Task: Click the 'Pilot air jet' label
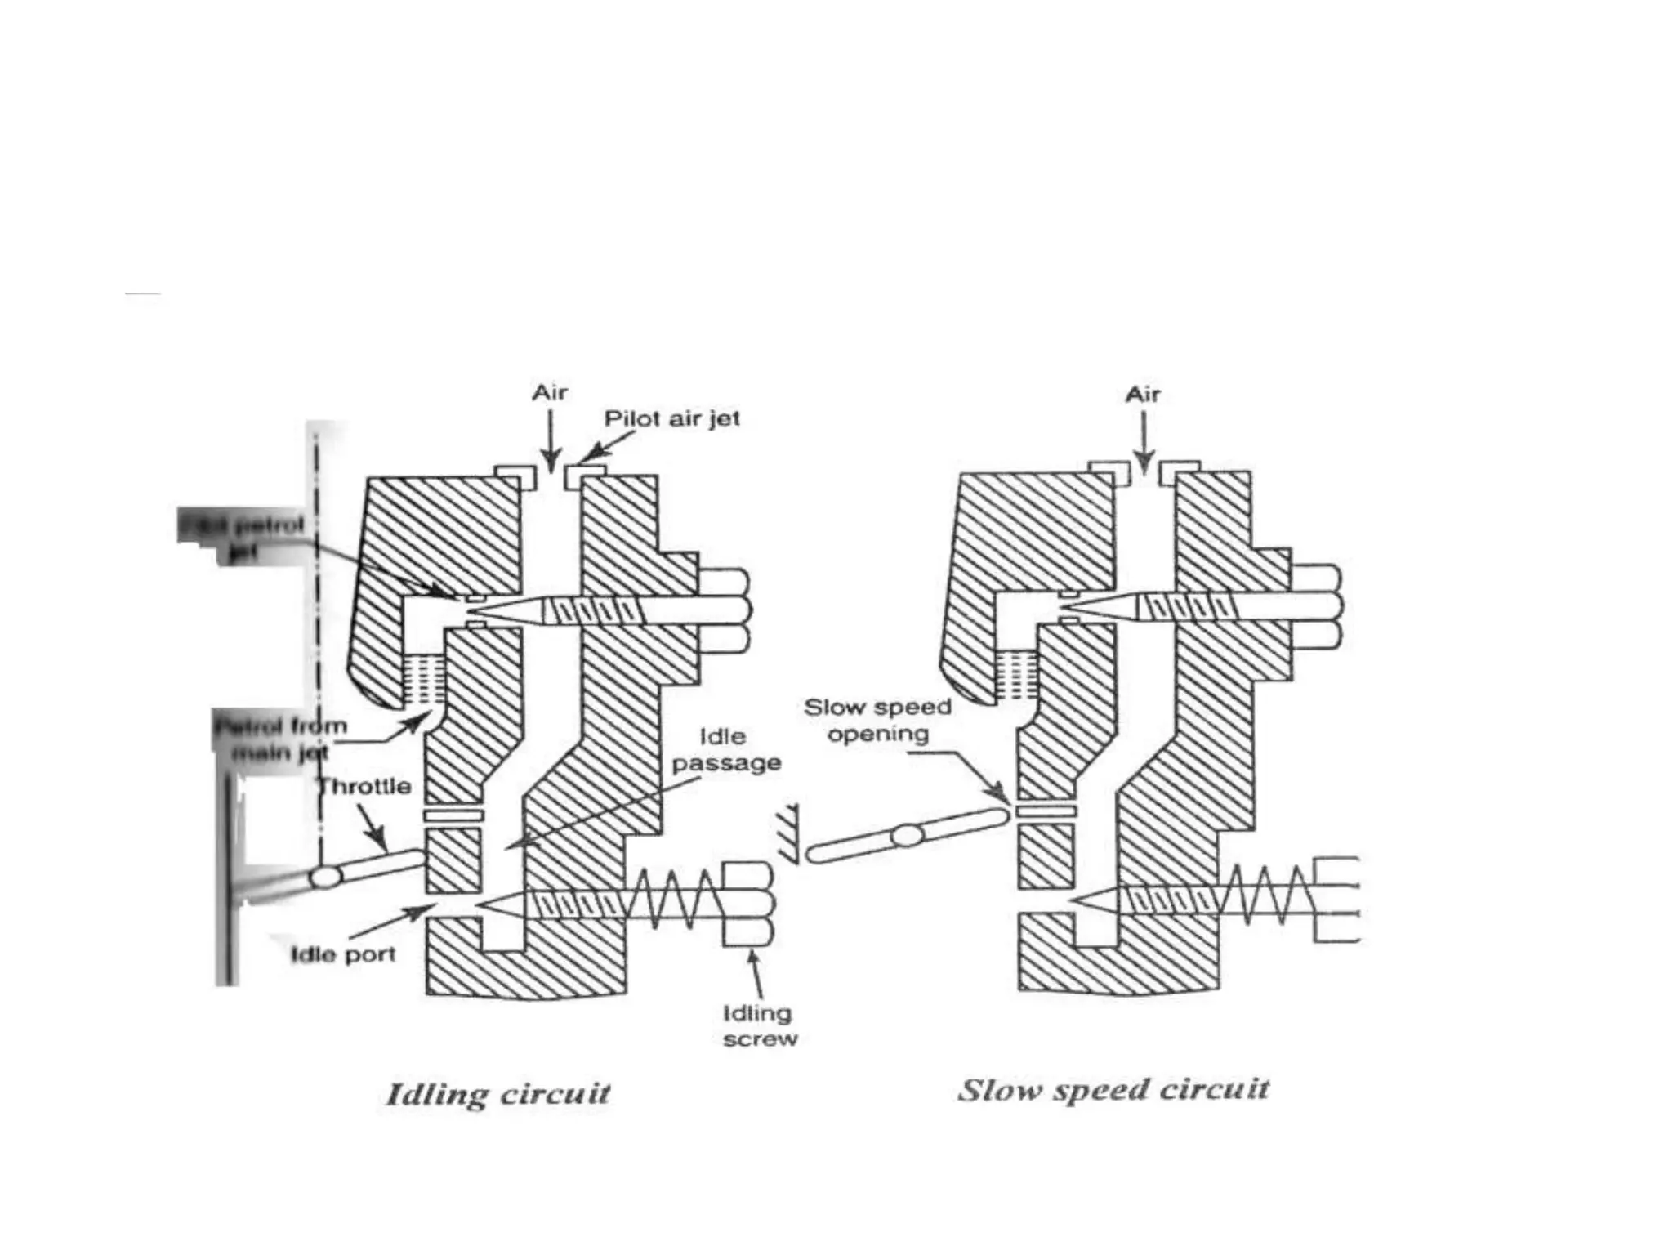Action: [671, 418]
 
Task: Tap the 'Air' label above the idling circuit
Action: [550, 393]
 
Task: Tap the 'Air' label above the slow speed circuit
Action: [1143, 395]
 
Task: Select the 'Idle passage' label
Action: [725, 750]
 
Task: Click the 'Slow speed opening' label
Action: [877, 720]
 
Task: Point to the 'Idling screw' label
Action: [759, 1026]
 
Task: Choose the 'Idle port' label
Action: [343, 954]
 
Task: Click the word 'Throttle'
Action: [364, 787]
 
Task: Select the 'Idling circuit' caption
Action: [497, 1093]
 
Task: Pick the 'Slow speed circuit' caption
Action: [1113, 1089]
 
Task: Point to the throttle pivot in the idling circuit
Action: [325, 878]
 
